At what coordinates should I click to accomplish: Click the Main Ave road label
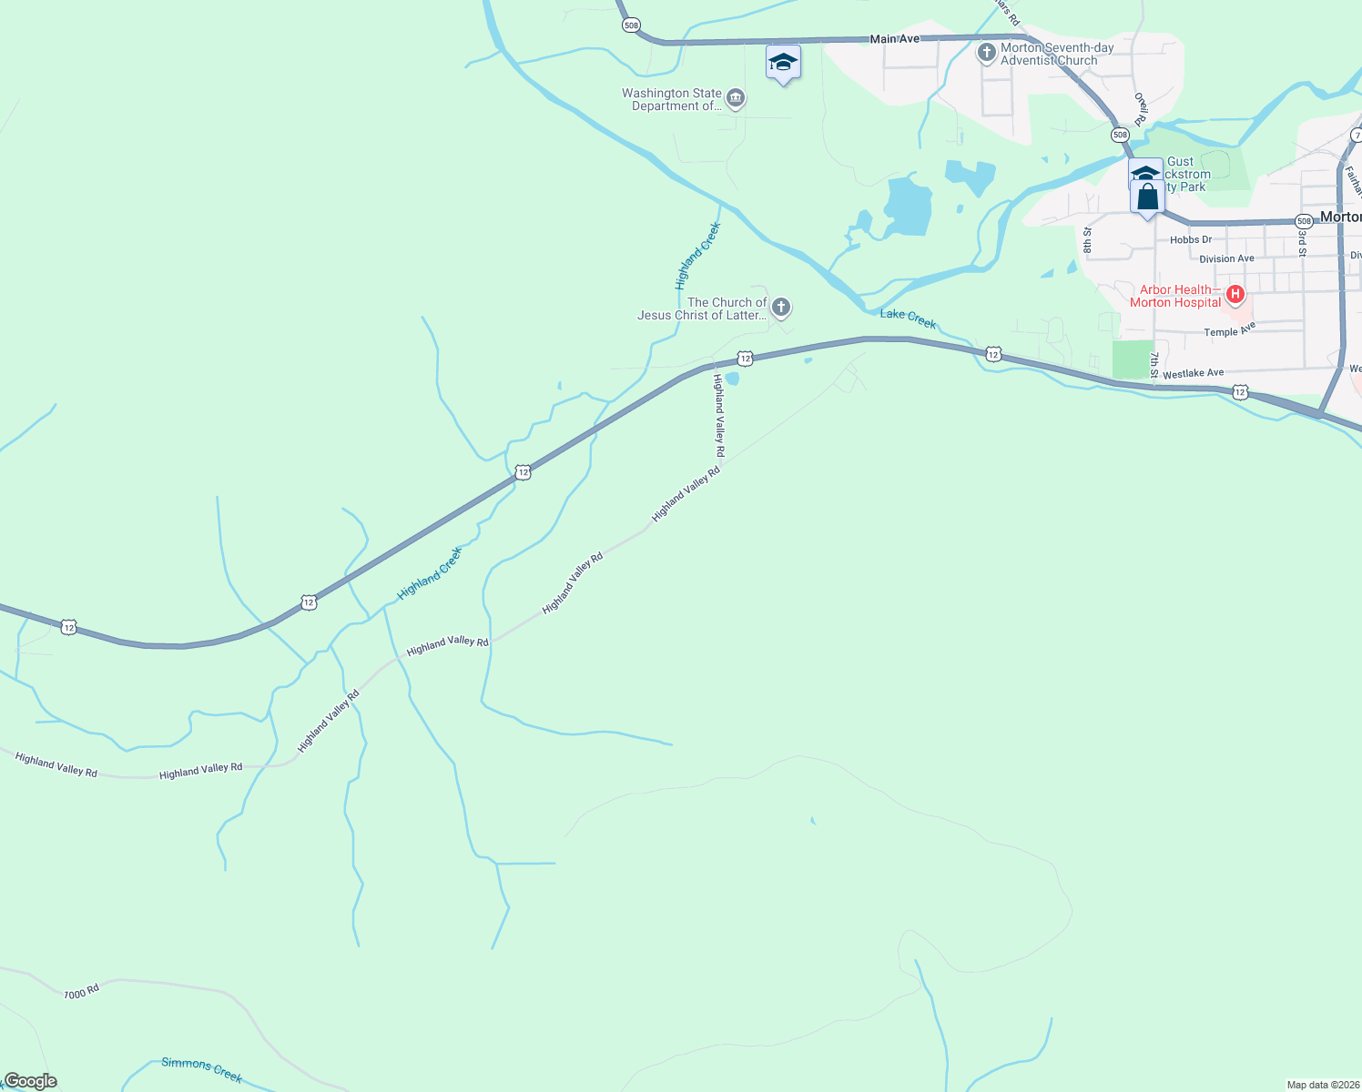click(895, 39)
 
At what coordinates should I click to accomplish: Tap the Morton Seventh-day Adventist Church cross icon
click(986, 53)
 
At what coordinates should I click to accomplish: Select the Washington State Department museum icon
click(736, 98)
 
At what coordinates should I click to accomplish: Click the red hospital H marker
click(1235, 294)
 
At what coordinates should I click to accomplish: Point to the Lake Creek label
click(908, 318)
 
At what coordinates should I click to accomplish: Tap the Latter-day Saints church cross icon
click(780, 308)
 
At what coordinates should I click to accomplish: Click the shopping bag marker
click(1148, 197)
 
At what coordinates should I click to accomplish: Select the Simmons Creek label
click(201, 1069)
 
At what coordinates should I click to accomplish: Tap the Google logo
click(30, 1081)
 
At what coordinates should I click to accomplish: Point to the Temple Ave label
click(1229, 329)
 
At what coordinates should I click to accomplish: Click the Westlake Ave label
click(1193, 373)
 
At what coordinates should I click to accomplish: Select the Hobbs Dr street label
click(1191, 240)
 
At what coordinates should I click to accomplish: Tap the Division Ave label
click(1226, 259)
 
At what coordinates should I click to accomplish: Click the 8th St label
click(1087, 240)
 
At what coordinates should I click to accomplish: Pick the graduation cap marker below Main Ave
click(783, 63)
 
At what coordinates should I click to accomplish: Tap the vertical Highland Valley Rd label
click(719, 415)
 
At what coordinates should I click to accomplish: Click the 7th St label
click(1154, 365)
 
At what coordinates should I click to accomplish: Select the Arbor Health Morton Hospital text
click(1175, 296)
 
